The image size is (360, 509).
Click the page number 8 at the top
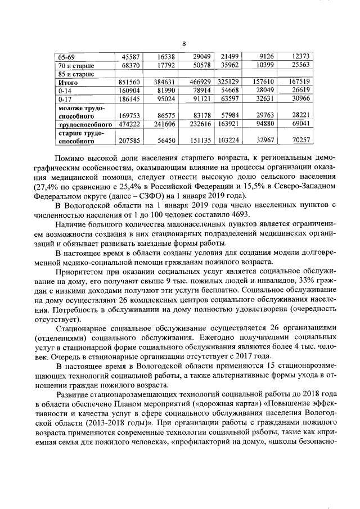tap(183, 44)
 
